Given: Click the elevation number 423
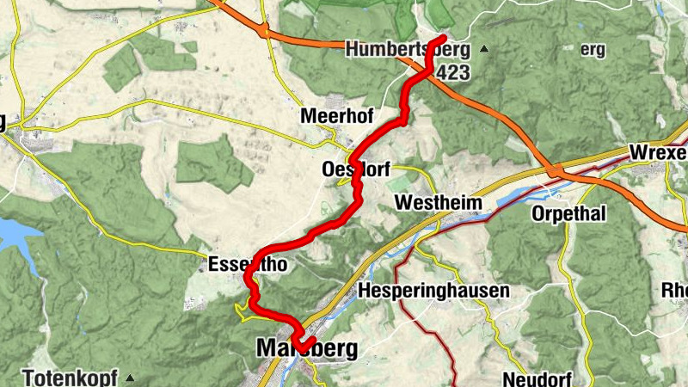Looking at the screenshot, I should [x=452, y=73].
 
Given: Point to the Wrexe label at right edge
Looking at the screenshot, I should [x=659, y=152].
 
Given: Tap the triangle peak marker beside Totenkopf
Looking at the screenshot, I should [x=130, y=378].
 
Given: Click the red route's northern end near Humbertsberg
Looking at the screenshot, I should [x=442, y=39].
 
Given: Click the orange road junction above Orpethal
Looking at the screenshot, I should [x=556, y=172].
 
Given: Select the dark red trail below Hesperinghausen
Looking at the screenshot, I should [x=444, y=335].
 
